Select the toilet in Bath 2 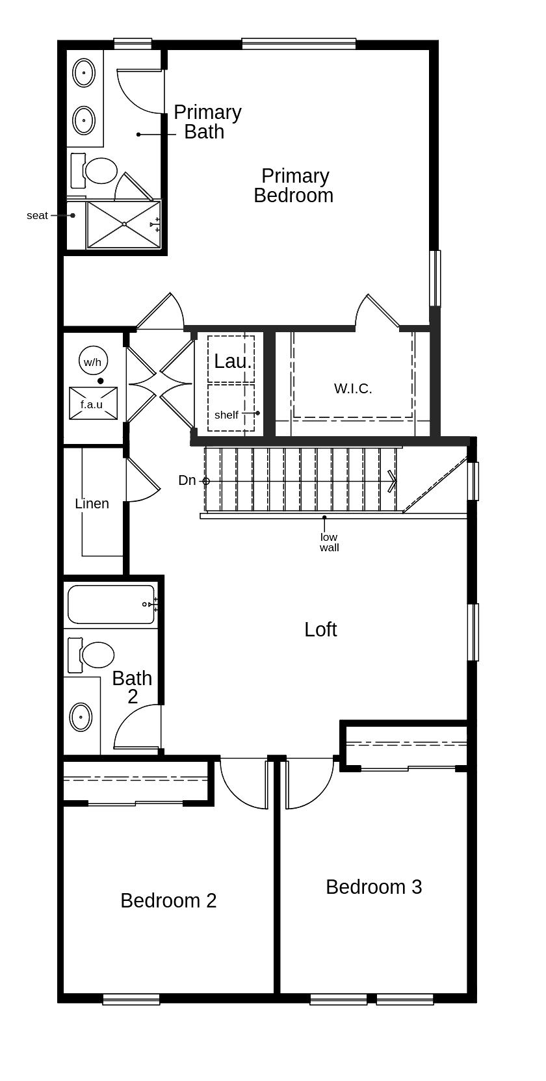tap(96, 655)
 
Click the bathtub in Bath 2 tap(110, 605)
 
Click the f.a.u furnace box tap(93, 404)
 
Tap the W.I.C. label tap(353, 389)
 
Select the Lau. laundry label tap(233, 361)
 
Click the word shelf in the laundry tap(226, 415)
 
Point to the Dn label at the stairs tap(187, 480)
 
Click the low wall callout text tap(329, 542)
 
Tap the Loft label tap(320, 629)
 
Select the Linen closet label tap(92, 504)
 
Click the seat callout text tap(37, 215)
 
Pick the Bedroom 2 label tap(168, 900)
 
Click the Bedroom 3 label tap(374, 887)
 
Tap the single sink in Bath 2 tap(81, 717)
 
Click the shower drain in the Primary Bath tap(123, 224)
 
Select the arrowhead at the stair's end tap(392, 481)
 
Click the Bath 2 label tap(132, 687)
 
